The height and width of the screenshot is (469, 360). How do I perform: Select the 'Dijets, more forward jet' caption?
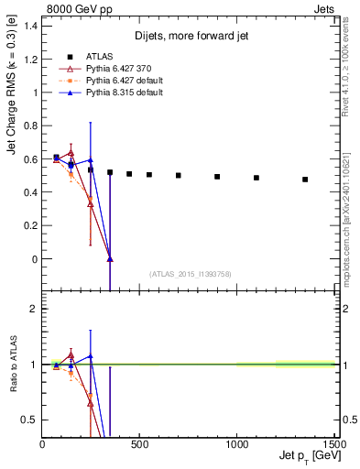189,36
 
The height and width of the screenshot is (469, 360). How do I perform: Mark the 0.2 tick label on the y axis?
30,225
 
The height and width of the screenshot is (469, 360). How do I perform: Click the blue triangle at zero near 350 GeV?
110,259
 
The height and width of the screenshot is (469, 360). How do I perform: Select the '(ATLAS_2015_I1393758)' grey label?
190,274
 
